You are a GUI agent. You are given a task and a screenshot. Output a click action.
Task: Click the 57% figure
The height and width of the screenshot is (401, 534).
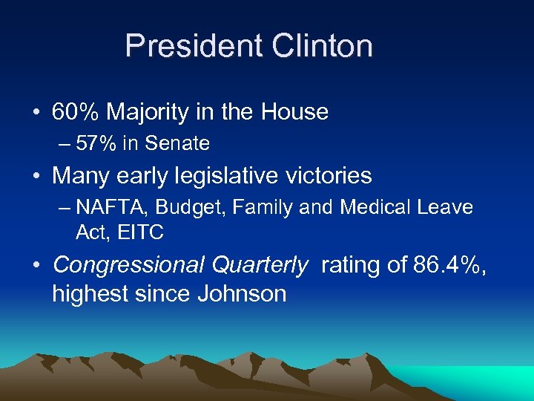pos(97,143)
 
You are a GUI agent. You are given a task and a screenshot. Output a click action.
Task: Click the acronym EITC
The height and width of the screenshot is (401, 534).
pos(141,232)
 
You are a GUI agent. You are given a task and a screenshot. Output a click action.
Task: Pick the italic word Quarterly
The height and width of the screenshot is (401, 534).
pos(260,264)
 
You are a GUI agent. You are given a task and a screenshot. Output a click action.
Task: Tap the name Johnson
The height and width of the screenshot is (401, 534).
pos(242,294)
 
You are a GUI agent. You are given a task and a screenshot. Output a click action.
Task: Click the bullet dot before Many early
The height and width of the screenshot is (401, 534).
pos(36,177)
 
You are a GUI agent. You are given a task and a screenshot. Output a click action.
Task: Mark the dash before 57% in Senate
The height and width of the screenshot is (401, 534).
pos(65,143)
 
